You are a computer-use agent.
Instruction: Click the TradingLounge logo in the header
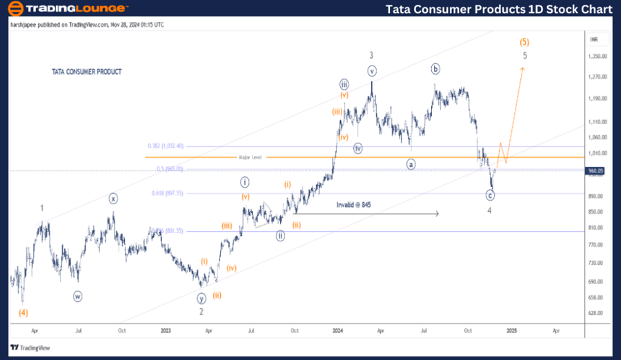pyautogui.click(x=67, y=9)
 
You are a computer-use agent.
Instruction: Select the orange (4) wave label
pyautogui.click(x=23, y=312)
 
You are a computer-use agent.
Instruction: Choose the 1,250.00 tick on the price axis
pyautogui.click(x=598, y=57)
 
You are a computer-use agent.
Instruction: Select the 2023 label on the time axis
pyautogui.click(x=166, y=330)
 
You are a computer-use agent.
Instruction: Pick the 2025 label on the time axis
pyautogui.click(x=511, y=330)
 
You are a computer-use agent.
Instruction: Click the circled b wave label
pyautogui.click(x=435, y=68)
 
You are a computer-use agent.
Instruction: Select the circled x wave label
pyautogui.click(x=114, y=199)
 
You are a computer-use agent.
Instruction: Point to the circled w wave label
pyautogui.click(x=78, y=297)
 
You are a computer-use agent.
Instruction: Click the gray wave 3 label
pyautogui.click(x=371, y=55)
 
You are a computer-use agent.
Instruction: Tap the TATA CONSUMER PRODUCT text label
pyautogui.click(x=87, y=72)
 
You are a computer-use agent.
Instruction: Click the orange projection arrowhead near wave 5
pyautogui.click(x=523, y=68)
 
